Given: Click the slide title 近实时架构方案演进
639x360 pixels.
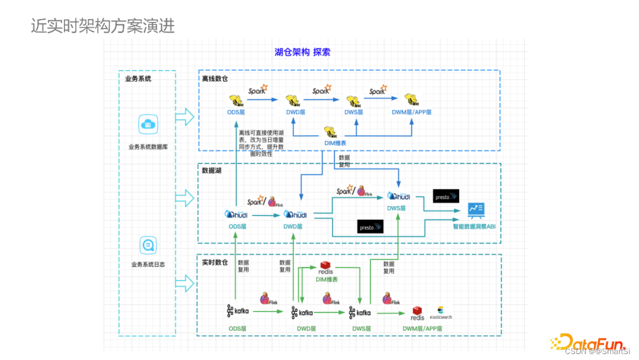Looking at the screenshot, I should [x=103, y=27].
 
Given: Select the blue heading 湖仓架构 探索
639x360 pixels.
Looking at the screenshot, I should [x=302, y=52].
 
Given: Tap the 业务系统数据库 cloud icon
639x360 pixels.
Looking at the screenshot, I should [x=148, y=125].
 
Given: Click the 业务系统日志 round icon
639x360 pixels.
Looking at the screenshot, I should [x=148, y=244].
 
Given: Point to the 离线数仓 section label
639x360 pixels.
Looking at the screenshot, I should [x=215, y=78].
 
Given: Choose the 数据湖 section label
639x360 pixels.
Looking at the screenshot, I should [x=211, y=171].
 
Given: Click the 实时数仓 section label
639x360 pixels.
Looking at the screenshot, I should [x=215, y=262].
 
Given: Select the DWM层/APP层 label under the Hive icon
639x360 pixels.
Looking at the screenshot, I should [x=412, y=112].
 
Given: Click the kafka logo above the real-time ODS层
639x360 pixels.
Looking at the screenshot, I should [x=238, y=311].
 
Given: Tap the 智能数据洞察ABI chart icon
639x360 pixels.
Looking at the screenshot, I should [x=476, y=209].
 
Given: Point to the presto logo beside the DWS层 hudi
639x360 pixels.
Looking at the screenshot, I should [x=446, y=196].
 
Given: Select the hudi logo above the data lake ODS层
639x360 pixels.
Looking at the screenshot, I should [x=237, y=214].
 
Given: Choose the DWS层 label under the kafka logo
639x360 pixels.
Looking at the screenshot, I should [x=361, y=328].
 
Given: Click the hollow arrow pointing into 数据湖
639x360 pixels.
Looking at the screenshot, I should [x=186, y=198].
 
